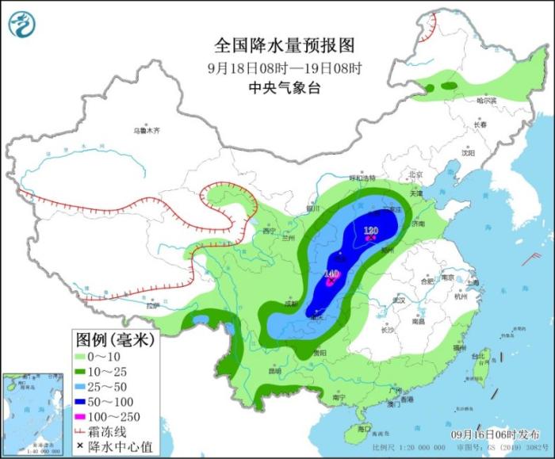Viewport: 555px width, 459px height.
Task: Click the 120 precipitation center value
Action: point(370,231)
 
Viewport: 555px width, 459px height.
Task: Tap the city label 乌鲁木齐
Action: point(147,129)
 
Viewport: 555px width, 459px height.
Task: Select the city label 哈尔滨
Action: point(486,101)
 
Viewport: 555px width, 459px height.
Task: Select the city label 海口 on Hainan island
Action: point(365,428)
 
